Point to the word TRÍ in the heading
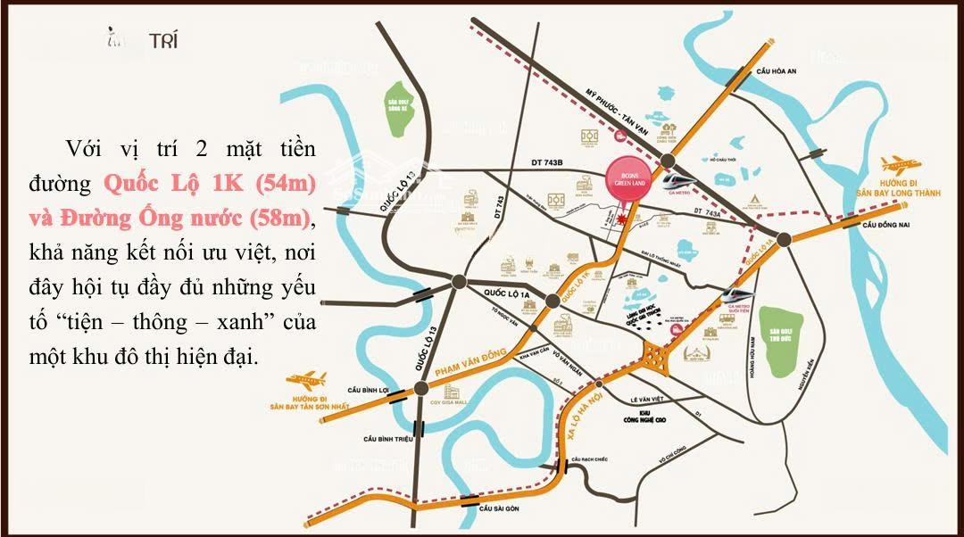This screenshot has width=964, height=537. (x=162, y=40)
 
